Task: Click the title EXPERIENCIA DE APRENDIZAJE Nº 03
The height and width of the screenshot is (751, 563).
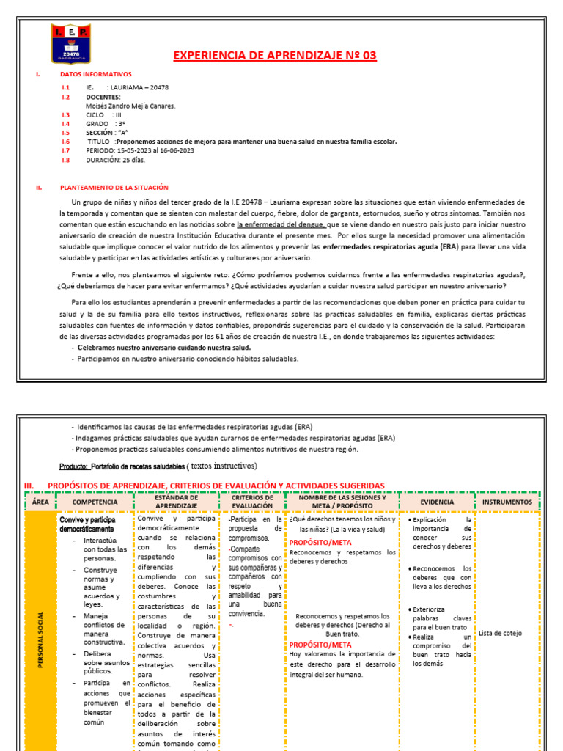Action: tap(274, 56)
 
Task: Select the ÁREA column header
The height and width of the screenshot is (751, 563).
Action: tap(40, 502)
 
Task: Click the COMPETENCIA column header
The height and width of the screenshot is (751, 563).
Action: tap(95, 502)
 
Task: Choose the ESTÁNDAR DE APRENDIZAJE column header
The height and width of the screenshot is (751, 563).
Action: tap(177, 502)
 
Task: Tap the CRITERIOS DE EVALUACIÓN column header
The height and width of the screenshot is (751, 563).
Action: tap(252, 502)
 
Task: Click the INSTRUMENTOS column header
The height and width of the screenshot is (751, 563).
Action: tap(507, 502)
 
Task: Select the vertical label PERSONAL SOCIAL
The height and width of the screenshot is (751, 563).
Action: tap(40, 631)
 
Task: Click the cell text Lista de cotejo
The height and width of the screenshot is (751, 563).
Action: tap(500, 633)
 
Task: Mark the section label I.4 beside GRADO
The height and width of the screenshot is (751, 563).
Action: tap(66, 124)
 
